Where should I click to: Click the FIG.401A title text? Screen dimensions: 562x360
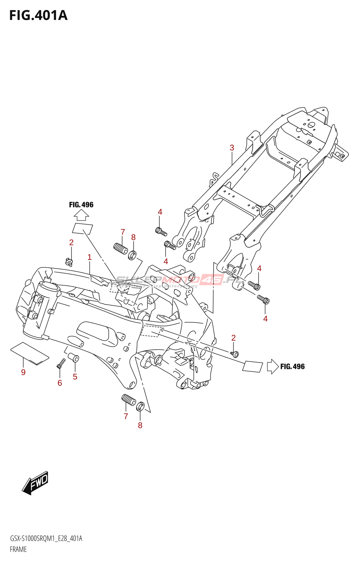tap(38, 15)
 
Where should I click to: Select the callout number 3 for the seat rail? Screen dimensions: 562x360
tap(232, 148)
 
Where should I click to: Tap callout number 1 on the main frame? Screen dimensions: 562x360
tap(90, 257)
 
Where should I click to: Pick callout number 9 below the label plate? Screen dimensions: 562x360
tap(23, 372)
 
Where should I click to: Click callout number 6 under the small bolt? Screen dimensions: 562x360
tap(60, 383)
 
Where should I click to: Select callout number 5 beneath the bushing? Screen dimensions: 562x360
tap(75, 377)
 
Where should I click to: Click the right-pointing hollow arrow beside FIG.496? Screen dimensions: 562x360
tap(272, 366)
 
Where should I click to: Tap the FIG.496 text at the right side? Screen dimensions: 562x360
tap(292, 367)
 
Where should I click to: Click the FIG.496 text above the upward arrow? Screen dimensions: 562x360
tap(81, 205)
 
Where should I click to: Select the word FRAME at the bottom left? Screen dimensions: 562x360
tap(18, 549)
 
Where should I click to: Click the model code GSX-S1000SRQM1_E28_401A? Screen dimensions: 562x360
tap(46, 539)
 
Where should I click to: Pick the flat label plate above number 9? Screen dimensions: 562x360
tap(30, 353)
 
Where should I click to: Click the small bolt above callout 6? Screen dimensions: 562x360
tap(60, 363)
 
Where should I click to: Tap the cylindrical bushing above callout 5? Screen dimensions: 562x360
tap(74, 358)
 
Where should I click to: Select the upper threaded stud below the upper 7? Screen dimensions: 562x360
tap(121, 249)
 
